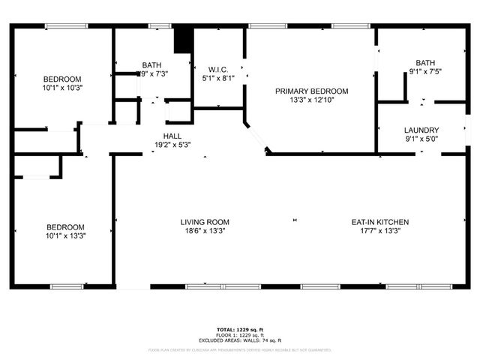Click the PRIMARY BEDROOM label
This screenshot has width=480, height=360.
[311, 91]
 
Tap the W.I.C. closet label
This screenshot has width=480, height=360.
[219, 67]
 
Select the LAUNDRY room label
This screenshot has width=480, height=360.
[421, 130]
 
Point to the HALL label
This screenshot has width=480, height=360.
[172, 136]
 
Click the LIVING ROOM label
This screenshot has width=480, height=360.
[204, 222]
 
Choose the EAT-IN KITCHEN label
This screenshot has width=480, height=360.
[380, 222]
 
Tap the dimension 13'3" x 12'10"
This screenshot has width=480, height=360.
[311, 100]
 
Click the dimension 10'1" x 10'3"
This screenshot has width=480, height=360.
[62, 88]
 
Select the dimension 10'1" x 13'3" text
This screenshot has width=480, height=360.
[66, 236]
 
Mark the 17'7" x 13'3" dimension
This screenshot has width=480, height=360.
[380, 231]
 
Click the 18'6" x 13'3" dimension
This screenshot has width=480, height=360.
[204, 231]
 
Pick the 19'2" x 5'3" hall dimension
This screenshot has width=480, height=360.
[172, 145]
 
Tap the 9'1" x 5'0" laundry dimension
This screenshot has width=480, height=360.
[421, 139]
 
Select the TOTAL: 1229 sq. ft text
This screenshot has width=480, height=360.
[240, 330]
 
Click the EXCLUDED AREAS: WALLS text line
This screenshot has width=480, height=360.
[240, 340]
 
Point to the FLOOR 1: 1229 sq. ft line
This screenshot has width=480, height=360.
[240, 335]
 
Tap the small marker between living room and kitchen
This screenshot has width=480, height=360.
[295, 220]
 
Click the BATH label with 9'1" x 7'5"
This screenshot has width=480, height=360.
[425, 63]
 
